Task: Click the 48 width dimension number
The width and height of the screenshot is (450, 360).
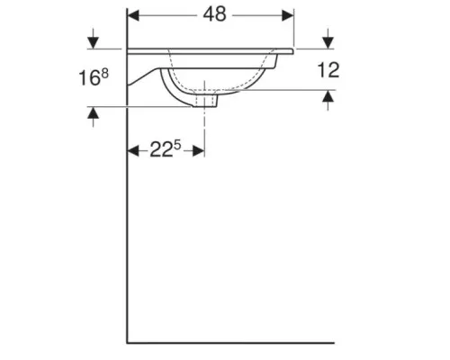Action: point(214,14)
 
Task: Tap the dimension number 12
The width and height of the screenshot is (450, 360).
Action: point(328,70)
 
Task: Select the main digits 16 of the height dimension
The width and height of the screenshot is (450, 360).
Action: point(89,78)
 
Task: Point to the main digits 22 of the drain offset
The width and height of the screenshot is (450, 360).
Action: point(161,150)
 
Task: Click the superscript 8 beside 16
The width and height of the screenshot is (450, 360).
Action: point(104,74)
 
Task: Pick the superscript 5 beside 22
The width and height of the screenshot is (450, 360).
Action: point(177,145)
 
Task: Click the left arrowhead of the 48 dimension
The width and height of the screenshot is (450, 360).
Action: point(133,15)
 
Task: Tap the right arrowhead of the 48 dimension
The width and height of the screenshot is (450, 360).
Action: point(288,15)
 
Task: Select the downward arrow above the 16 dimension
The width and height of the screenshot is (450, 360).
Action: point(94,39)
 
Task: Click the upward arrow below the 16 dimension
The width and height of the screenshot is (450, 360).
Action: point(94,117)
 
